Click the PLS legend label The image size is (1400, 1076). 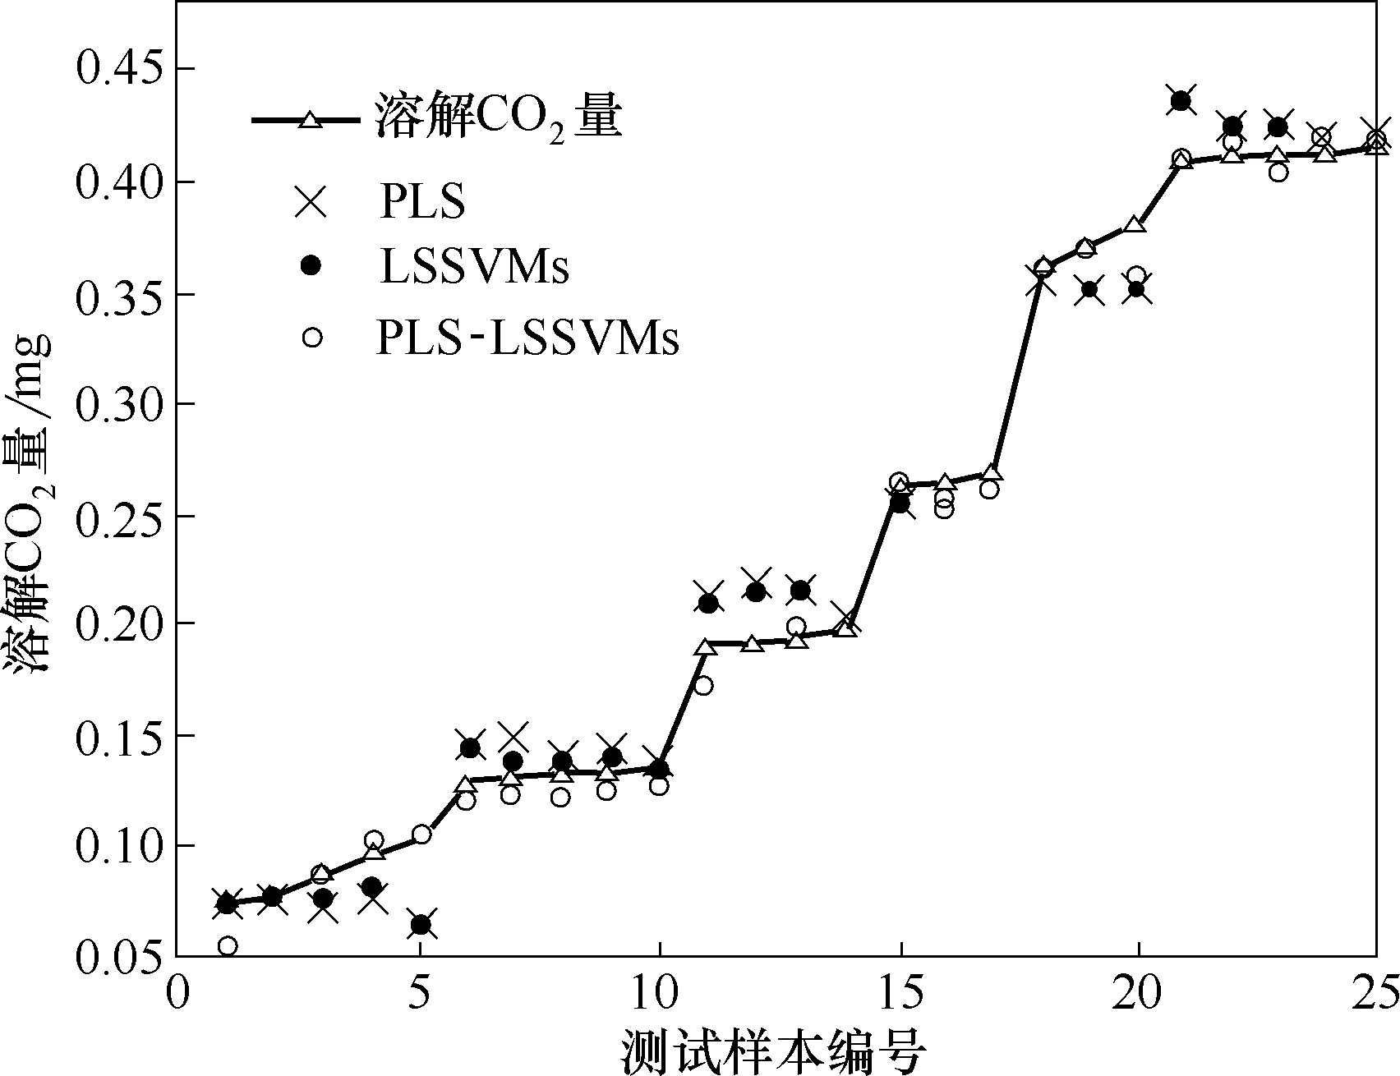pyautogui.click(x=421, y=200)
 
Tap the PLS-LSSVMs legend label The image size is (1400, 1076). pyautogui.click(x=527, y=337)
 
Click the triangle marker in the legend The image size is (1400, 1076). pyautogui.click(x=309, y=121)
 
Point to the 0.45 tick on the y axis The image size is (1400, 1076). pyautogui.click(x=125, y=69)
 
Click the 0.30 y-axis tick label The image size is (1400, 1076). pyautogui.click(x=125, y=404)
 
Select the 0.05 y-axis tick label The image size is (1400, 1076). pyautogui.click(x=125, y=956)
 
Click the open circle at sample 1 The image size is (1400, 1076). pyautogui.click(x=228, y=946)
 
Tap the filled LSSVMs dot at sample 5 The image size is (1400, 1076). pyautogui.click(x=421, y=925)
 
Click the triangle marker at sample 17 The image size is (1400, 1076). pyautogui.click(x=992, y=473)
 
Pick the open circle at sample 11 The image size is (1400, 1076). pyautogui.click(x=703, y=685)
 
